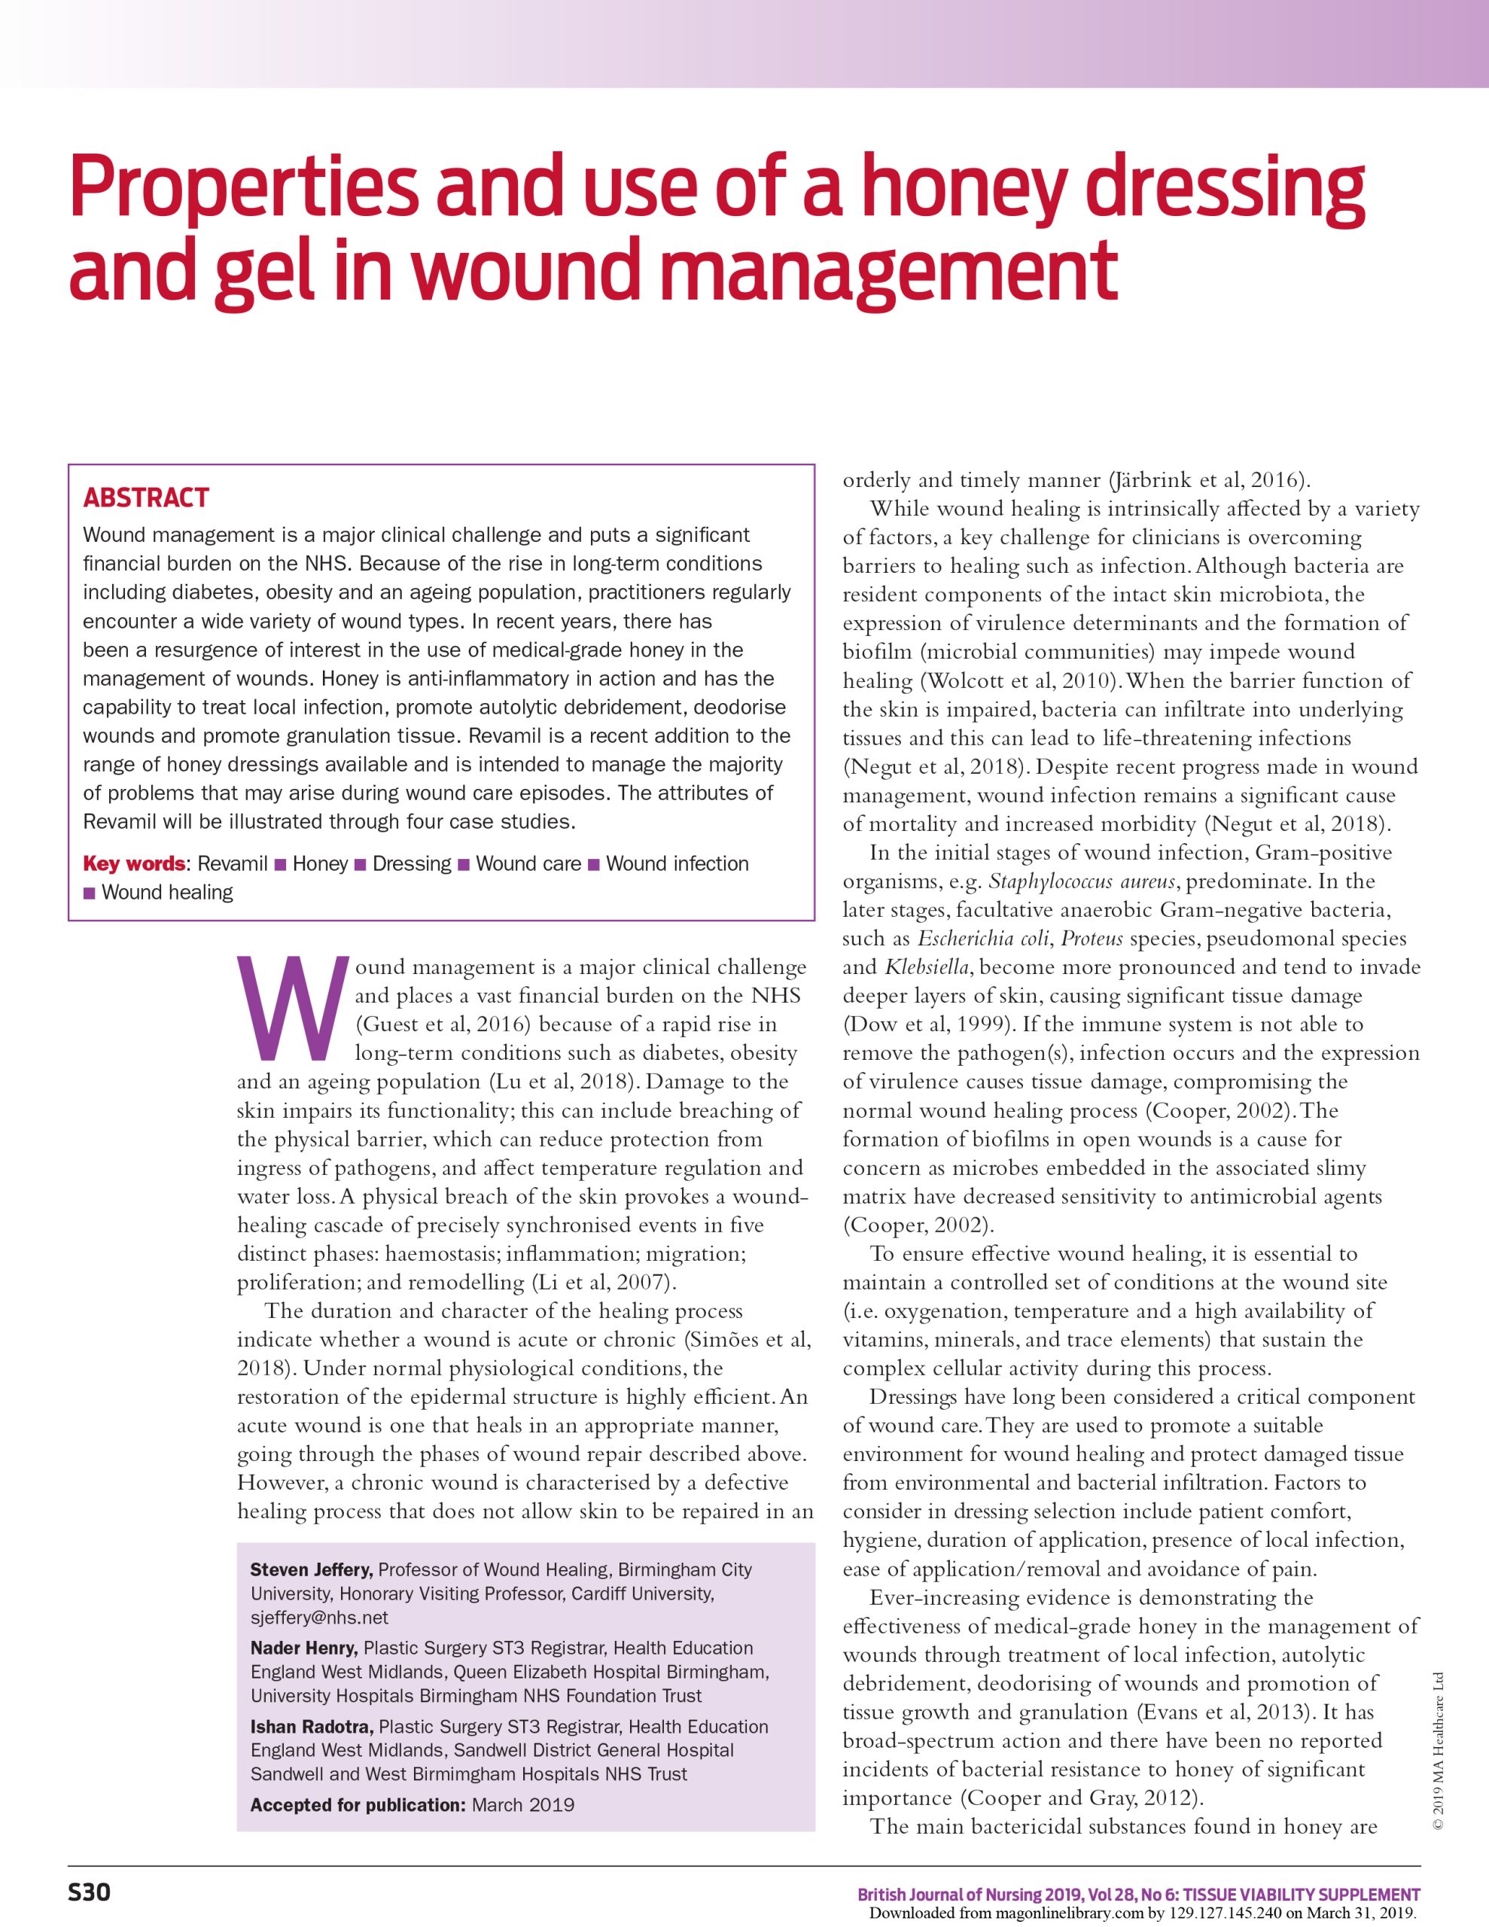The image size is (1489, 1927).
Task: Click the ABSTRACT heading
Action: (145, 498)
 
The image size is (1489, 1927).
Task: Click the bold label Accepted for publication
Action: (358, 1804)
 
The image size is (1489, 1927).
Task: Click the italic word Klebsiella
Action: (927, 968)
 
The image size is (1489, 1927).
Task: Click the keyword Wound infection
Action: (677, 864)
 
